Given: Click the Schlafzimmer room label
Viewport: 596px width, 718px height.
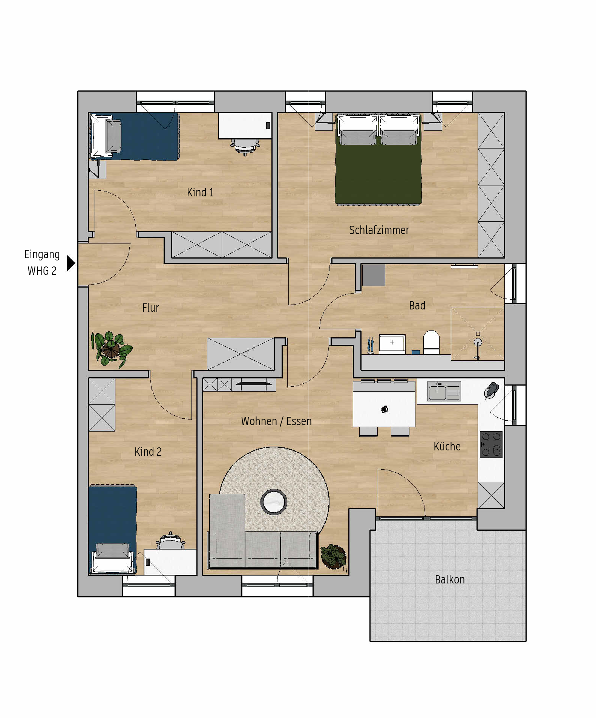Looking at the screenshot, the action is [x=379, y=230].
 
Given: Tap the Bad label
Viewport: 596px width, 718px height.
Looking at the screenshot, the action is [x=417, y=305].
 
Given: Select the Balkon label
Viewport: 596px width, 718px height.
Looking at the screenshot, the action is [x=450, y=579].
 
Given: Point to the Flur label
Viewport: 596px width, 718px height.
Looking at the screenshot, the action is [x=150, y=308].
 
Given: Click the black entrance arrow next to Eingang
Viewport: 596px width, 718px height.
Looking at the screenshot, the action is [x=70, y=263].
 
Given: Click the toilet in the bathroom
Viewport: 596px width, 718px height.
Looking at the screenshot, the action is [x=431, y=342].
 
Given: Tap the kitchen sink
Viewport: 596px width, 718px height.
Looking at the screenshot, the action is [x=444, y=391].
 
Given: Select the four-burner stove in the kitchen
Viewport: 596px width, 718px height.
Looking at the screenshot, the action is [x=491, y=444].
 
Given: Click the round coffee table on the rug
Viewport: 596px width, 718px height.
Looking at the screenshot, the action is [x=274, y=502].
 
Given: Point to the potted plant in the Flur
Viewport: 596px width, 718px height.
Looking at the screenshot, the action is [x=111, y=349].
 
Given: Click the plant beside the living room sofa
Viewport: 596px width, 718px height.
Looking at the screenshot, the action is [x=333, y=556].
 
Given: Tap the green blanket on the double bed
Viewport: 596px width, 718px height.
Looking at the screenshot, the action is [x=378, y=173].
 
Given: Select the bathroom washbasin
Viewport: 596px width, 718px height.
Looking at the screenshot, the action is [x=392, y=344].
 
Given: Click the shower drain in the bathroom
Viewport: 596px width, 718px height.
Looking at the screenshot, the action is [x=478, y=342].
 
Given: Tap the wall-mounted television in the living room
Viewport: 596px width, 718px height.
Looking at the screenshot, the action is [x=254, y=384].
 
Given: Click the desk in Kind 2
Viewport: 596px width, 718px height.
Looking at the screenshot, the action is [x=170, y=562].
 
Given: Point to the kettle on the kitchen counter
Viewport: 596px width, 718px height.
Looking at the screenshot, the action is [x=492, y=390].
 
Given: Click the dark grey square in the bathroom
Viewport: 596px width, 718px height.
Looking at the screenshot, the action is [x=374, y=275].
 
